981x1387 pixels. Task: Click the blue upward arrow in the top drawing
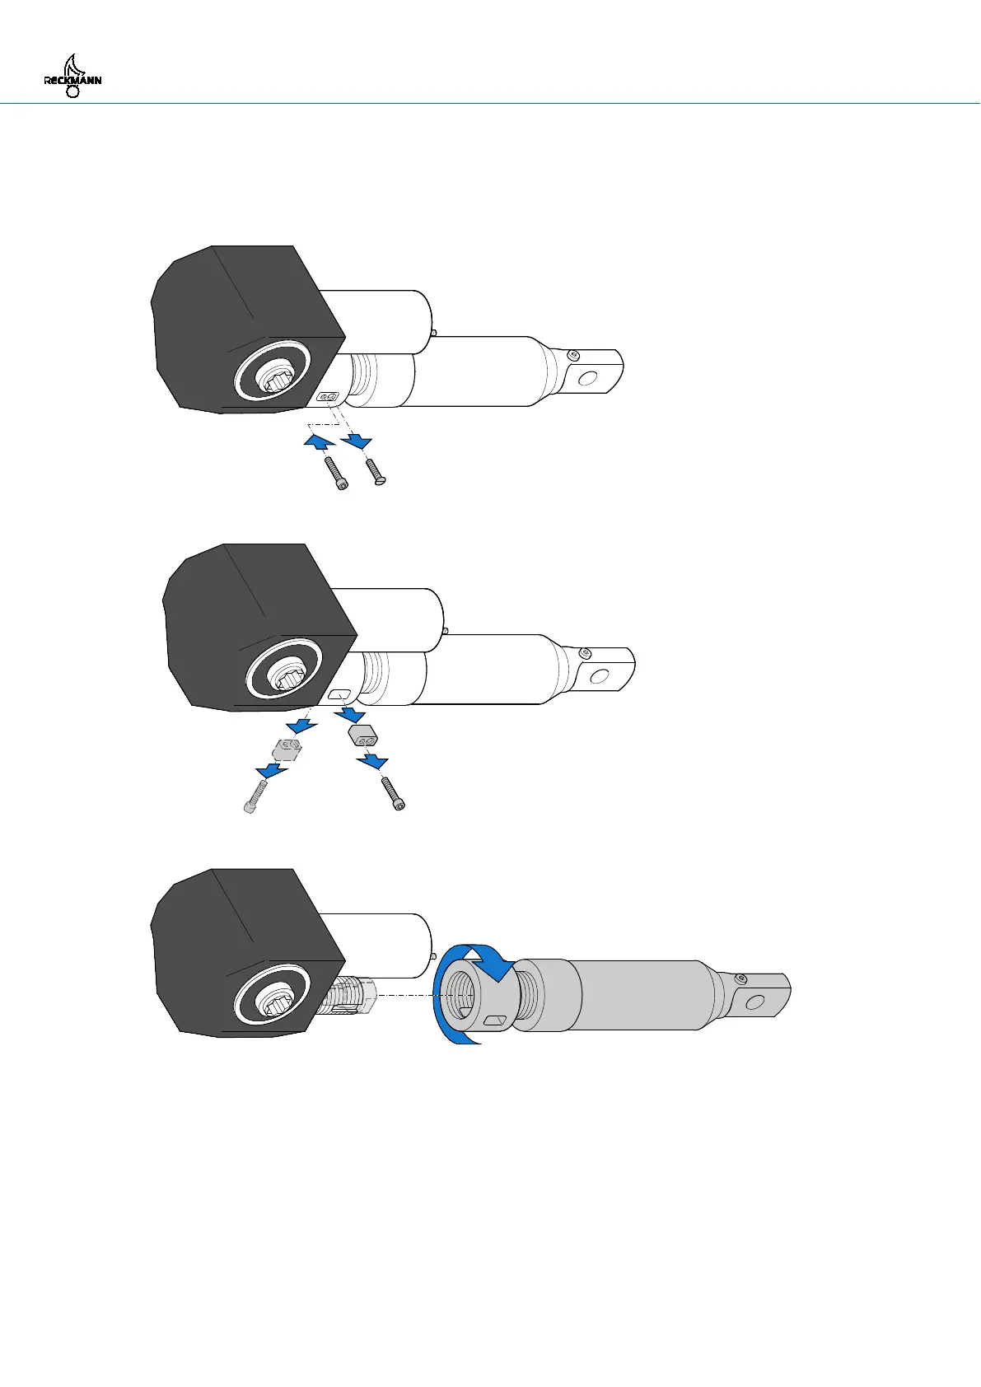pos(316,442)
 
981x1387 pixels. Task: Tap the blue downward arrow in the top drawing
pos(358,442)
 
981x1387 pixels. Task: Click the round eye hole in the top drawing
pos(588,379)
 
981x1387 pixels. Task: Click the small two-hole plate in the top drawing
pos(328,397)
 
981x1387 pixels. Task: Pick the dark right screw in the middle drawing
pos(392,794)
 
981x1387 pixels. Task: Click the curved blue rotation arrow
pos(474,964)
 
